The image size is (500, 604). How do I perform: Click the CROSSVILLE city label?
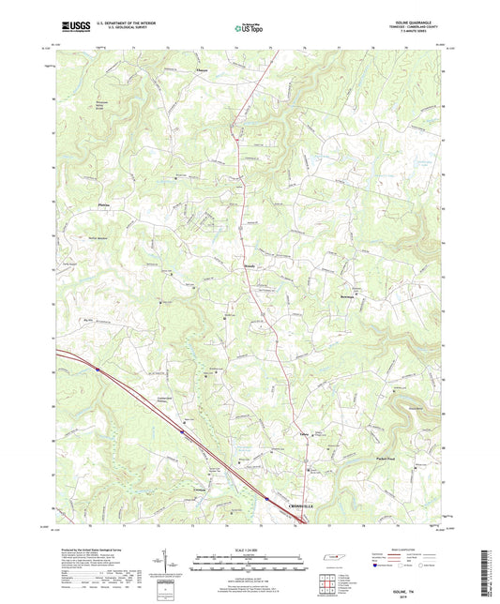point(306,506)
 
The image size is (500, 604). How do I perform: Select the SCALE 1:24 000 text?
point(249,550)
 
